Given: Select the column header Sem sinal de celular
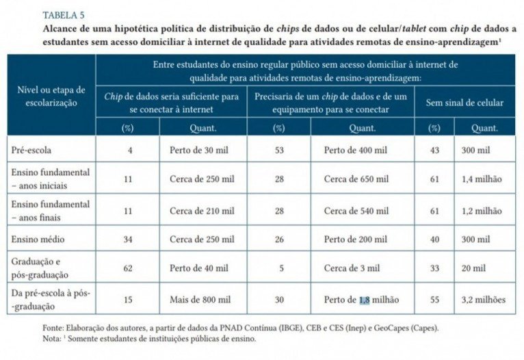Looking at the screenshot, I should (x=464, y=103).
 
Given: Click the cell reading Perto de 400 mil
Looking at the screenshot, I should (x=357, y=149).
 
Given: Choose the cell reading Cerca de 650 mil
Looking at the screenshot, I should (x=356, y=179).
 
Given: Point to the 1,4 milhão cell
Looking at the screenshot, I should (x=485, y=179).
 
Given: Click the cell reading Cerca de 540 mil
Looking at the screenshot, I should (x=356, y=209).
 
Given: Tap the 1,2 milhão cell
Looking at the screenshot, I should (x=485, y=209).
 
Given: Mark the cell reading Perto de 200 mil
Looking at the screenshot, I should (x=357, y=239).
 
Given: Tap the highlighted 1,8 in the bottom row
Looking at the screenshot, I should (x=364, y=300).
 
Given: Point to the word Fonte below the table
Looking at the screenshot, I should (x=53, y=328).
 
